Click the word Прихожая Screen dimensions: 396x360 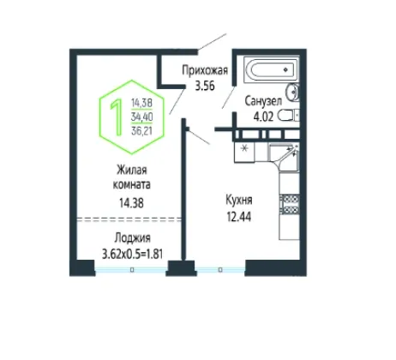coord(205,70)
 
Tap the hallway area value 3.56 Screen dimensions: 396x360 coord(205,86)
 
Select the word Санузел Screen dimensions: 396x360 coord(263,101)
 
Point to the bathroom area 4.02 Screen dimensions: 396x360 coord(263,117)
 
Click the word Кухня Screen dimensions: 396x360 coord(239,201)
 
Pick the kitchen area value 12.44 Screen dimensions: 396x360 coord(239,217)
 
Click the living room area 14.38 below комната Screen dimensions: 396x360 coord(131,203)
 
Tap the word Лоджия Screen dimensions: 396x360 coord(132,238)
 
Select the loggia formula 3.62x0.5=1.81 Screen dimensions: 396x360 coord(132,254)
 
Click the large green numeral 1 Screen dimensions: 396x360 coord(117,117)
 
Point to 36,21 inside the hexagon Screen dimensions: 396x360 coord(141,131)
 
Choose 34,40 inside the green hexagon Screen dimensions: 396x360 coord(141,117)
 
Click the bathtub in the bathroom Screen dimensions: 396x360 coord(271,69)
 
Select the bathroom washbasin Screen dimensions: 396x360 coord(292,92)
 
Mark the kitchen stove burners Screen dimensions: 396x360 coord(290,204)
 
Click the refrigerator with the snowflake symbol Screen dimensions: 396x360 coord(244,153)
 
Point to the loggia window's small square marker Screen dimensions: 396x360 coord(132,269)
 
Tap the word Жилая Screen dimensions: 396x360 coord(132,171)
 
